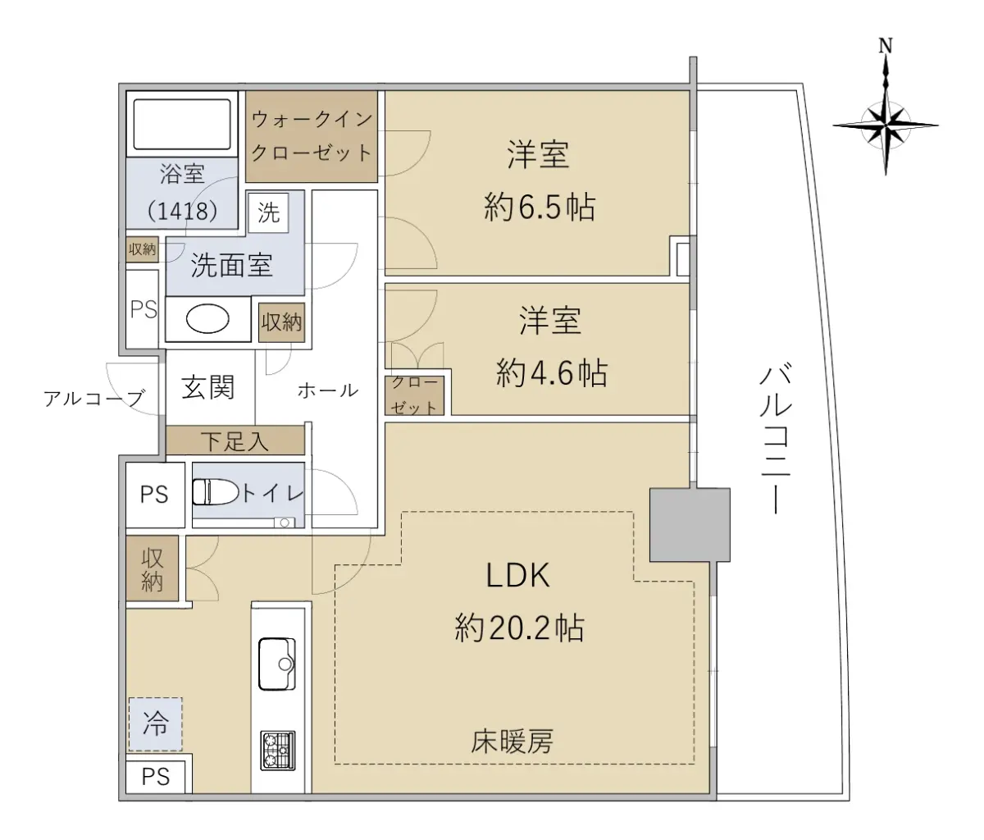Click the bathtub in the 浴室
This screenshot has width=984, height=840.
(182, 125)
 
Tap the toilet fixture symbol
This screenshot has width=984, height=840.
(216, 492)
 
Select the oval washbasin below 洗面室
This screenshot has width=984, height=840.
(207, 319)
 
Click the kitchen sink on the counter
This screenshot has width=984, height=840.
(277, 664)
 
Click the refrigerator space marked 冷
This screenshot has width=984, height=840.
(155, 724)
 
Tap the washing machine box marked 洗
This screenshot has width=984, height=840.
(268, 212)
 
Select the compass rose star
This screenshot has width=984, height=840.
(886, 126)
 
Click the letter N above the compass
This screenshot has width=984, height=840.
(886, 46)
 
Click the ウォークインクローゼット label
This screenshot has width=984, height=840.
(312, 136)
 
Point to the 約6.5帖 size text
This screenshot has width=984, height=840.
(540, 207)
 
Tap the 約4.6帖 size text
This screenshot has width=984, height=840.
(552, 372)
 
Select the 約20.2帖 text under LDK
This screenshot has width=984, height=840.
(519, 628)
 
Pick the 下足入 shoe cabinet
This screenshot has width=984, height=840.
(235, 440)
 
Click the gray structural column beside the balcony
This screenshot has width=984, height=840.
(690, 525)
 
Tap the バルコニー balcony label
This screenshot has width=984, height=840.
(776, 439)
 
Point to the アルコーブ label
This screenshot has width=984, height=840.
(93, 398)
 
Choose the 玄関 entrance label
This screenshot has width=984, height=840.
(208, 387)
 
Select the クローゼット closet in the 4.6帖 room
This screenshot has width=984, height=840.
(414, 395)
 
